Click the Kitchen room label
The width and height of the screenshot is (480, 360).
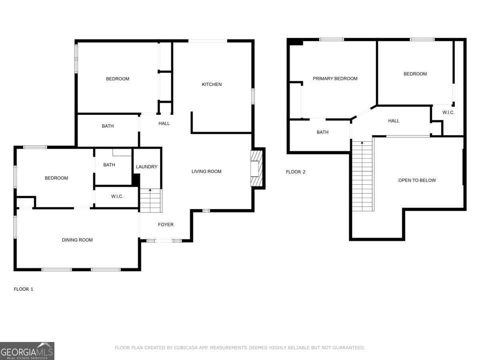(212, 84)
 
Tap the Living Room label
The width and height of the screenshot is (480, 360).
(206, 171)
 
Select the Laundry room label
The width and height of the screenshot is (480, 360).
(146, 167)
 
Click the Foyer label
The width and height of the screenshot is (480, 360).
(166, 224)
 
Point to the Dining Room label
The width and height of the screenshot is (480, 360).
(77, 240)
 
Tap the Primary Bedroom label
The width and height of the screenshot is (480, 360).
(335, 78)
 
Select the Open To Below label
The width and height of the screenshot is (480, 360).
(417, 180)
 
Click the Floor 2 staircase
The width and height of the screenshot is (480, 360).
(362, 176)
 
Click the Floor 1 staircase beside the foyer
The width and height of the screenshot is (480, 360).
(150, 201)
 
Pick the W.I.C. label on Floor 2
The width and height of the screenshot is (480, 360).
(448, 112)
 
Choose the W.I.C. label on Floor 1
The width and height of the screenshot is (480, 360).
(117, 196)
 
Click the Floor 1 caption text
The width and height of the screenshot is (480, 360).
(24, 289)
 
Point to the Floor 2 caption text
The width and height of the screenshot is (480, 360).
(295, 172)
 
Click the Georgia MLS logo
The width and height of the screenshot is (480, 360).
(27, 351)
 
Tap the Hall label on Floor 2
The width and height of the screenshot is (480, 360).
(394, 121)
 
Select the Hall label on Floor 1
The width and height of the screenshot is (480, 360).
(164, 124)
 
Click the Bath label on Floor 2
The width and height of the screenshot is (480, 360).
(322, 132)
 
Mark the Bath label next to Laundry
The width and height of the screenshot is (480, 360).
(109, 165)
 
